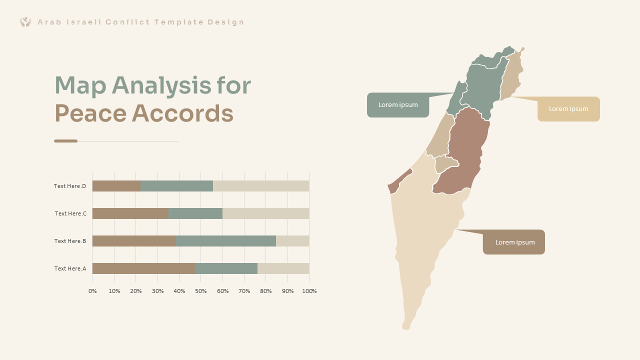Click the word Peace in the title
coord(90,113)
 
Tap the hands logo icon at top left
coord(25,21)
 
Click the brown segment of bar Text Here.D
coord(116,186)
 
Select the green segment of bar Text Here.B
coord(225,241)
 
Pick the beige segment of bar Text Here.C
coord(265,213)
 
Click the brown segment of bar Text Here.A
coord(144,268)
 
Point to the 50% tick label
coord(201,291)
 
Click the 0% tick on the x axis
coord(92,291)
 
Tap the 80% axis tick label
coord(266,291)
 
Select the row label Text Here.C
coord(70,213)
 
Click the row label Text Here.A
coord(70,268)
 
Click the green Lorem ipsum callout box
coord(398,105)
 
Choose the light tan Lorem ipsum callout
coord(568,109)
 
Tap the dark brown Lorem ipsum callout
coord(514,242)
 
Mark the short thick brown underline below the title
coord(65,141)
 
